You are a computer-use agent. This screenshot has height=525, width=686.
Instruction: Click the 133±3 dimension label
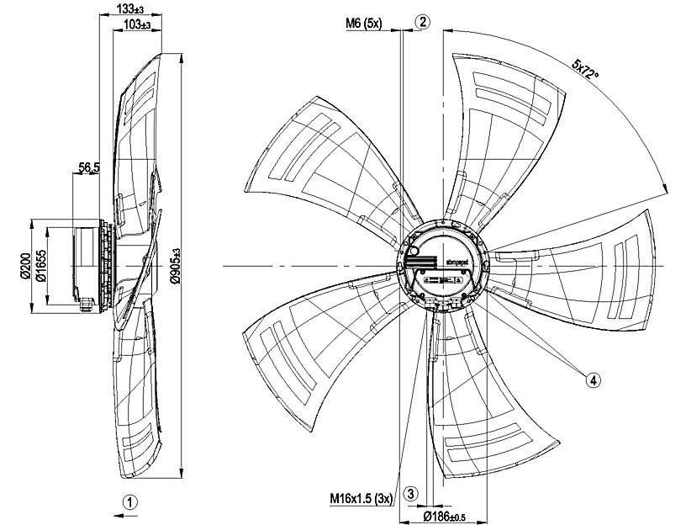click(x=129, y=8)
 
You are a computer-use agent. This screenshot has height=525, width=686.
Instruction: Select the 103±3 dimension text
click(x=136, y=24)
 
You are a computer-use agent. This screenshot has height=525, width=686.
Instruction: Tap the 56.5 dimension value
click(x=90, y=168)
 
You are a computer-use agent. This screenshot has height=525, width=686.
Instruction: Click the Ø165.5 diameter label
click(x=40, y=267)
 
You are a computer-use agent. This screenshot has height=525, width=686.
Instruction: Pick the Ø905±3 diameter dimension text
click(x=174, y=266)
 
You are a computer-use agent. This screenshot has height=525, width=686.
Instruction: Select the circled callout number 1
click(x=129, y=501)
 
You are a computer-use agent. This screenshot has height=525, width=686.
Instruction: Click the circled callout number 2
click(x=423, y=23)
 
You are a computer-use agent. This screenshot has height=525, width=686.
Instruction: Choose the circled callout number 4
click(x=594, y=380)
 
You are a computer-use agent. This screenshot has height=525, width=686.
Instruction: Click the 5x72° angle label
click(x=586, y=72)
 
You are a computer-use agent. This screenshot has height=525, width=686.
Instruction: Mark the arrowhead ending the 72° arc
click(x=665, y=188)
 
